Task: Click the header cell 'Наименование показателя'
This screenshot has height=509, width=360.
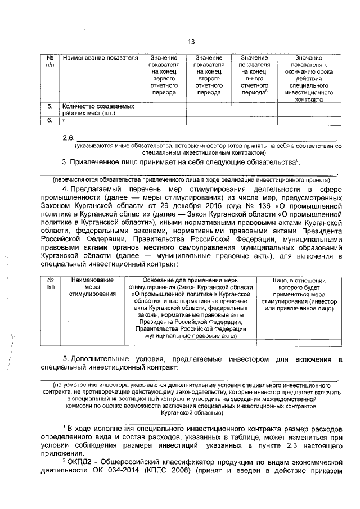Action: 100,58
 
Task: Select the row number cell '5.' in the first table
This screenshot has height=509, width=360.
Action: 49,106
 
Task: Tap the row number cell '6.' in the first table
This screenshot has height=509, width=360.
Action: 49,120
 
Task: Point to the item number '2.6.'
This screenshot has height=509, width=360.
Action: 68,138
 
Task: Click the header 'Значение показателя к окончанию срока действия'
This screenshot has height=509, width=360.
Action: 308,78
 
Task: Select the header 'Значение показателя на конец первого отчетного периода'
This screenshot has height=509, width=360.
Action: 164,75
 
